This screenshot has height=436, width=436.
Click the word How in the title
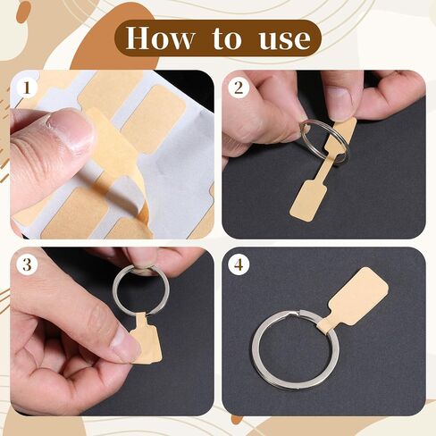click(160, 38)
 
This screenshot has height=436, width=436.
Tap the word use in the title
click(284, 39)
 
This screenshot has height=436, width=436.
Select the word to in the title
click(227, 38)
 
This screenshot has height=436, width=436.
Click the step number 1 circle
click(27, 88)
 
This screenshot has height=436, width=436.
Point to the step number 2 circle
click(239, 88)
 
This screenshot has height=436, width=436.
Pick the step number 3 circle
click(27, 264)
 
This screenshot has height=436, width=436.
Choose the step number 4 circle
click(239, 264)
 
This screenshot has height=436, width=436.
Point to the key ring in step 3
click(141, 289)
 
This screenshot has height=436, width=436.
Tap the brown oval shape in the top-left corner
click(23, 13)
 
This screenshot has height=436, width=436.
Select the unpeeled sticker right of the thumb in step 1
click(155, 119)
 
